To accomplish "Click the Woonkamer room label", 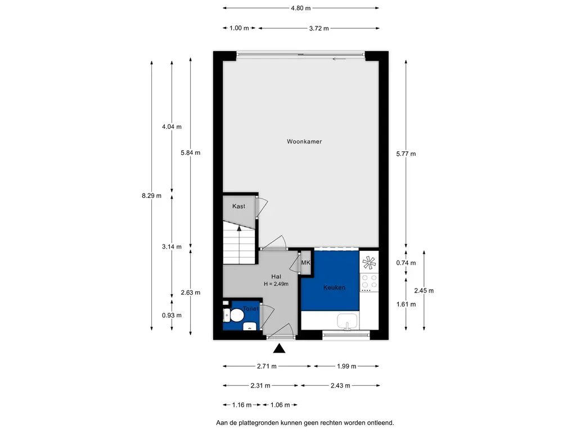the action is click(x=304, y=141).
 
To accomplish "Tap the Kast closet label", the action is click(x=238, y=206).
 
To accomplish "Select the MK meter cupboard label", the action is click(x=305, y=263).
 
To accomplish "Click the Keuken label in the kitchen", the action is click(x=334, y=287).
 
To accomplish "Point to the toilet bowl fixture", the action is click(x=234, y=315).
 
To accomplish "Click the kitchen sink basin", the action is click(x=347, y=321).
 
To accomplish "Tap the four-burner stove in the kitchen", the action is click(x=369, y=281).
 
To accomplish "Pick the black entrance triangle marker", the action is click(x=279, y=348).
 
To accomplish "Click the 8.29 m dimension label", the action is click(x=151, y=196).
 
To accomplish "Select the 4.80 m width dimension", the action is click(x=300, y=8).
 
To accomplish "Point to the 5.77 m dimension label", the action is click(x=406, y=154).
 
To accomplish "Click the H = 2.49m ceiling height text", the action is click(x=276, y=284).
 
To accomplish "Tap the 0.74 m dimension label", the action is click(x=406, y=263).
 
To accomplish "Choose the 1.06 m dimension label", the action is click(x=280, y=405).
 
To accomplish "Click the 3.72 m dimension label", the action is click(x=319, y=28).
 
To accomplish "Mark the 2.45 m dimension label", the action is click(x=424, y=291).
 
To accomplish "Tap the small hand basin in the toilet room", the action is click(x=250, y=326).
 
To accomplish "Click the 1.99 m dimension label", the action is click(x=346, y=366).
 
